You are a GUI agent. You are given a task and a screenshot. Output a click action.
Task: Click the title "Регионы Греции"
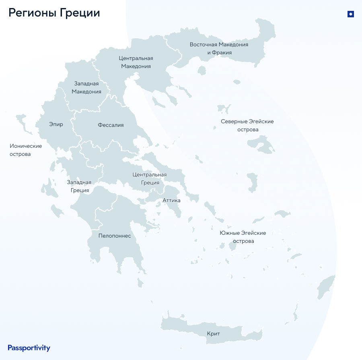pos(54,13)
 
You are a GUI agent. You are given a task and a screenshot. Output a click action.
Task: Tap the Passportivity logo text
pos(29,348)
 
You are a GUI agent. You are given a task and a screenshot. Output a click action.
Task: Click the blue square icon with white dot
pos(350,14)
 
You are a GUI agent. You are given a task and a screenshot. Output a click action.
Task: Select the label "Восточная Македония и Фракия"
pos(219,48)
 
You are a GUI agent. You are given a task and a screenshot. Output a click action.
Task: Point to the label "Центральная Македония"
pos(136,62)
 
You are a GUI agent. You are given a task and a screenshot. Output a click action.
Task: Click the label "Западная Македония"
pos(86,87)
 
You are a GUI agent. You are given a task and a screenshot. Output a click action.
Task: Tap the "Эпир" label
pos(56,124)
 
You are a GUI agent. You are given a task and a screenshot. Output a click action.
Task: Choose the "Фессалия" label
pos(111,125)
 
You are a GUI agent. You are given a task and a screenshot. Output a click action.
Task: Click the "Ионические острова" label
pos(26,150)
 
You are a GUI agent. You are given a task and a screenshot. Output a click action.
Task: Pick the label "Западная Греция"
pos(79,186)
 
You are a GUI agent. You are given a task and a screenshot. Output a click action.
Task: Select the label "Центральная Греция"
pos(150,178)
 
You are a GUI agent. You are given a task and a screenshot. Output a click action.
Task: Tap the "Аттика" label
pos(171,200)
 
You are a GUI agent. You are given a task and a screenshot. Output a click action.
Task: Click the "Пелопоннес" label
pos(115,236)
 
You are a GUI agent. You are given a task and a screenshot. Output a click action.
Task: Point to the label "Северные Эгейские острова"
pos(247,125)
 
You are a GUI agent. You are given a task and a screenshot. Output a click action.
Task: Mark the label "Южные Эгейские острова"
pos(243,237)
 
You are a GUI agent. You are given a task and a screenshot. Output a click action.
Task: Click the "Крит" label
pos(214,334)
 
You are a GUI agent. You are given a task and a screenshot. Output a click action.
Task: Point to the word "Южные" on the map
pos(229,233)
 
